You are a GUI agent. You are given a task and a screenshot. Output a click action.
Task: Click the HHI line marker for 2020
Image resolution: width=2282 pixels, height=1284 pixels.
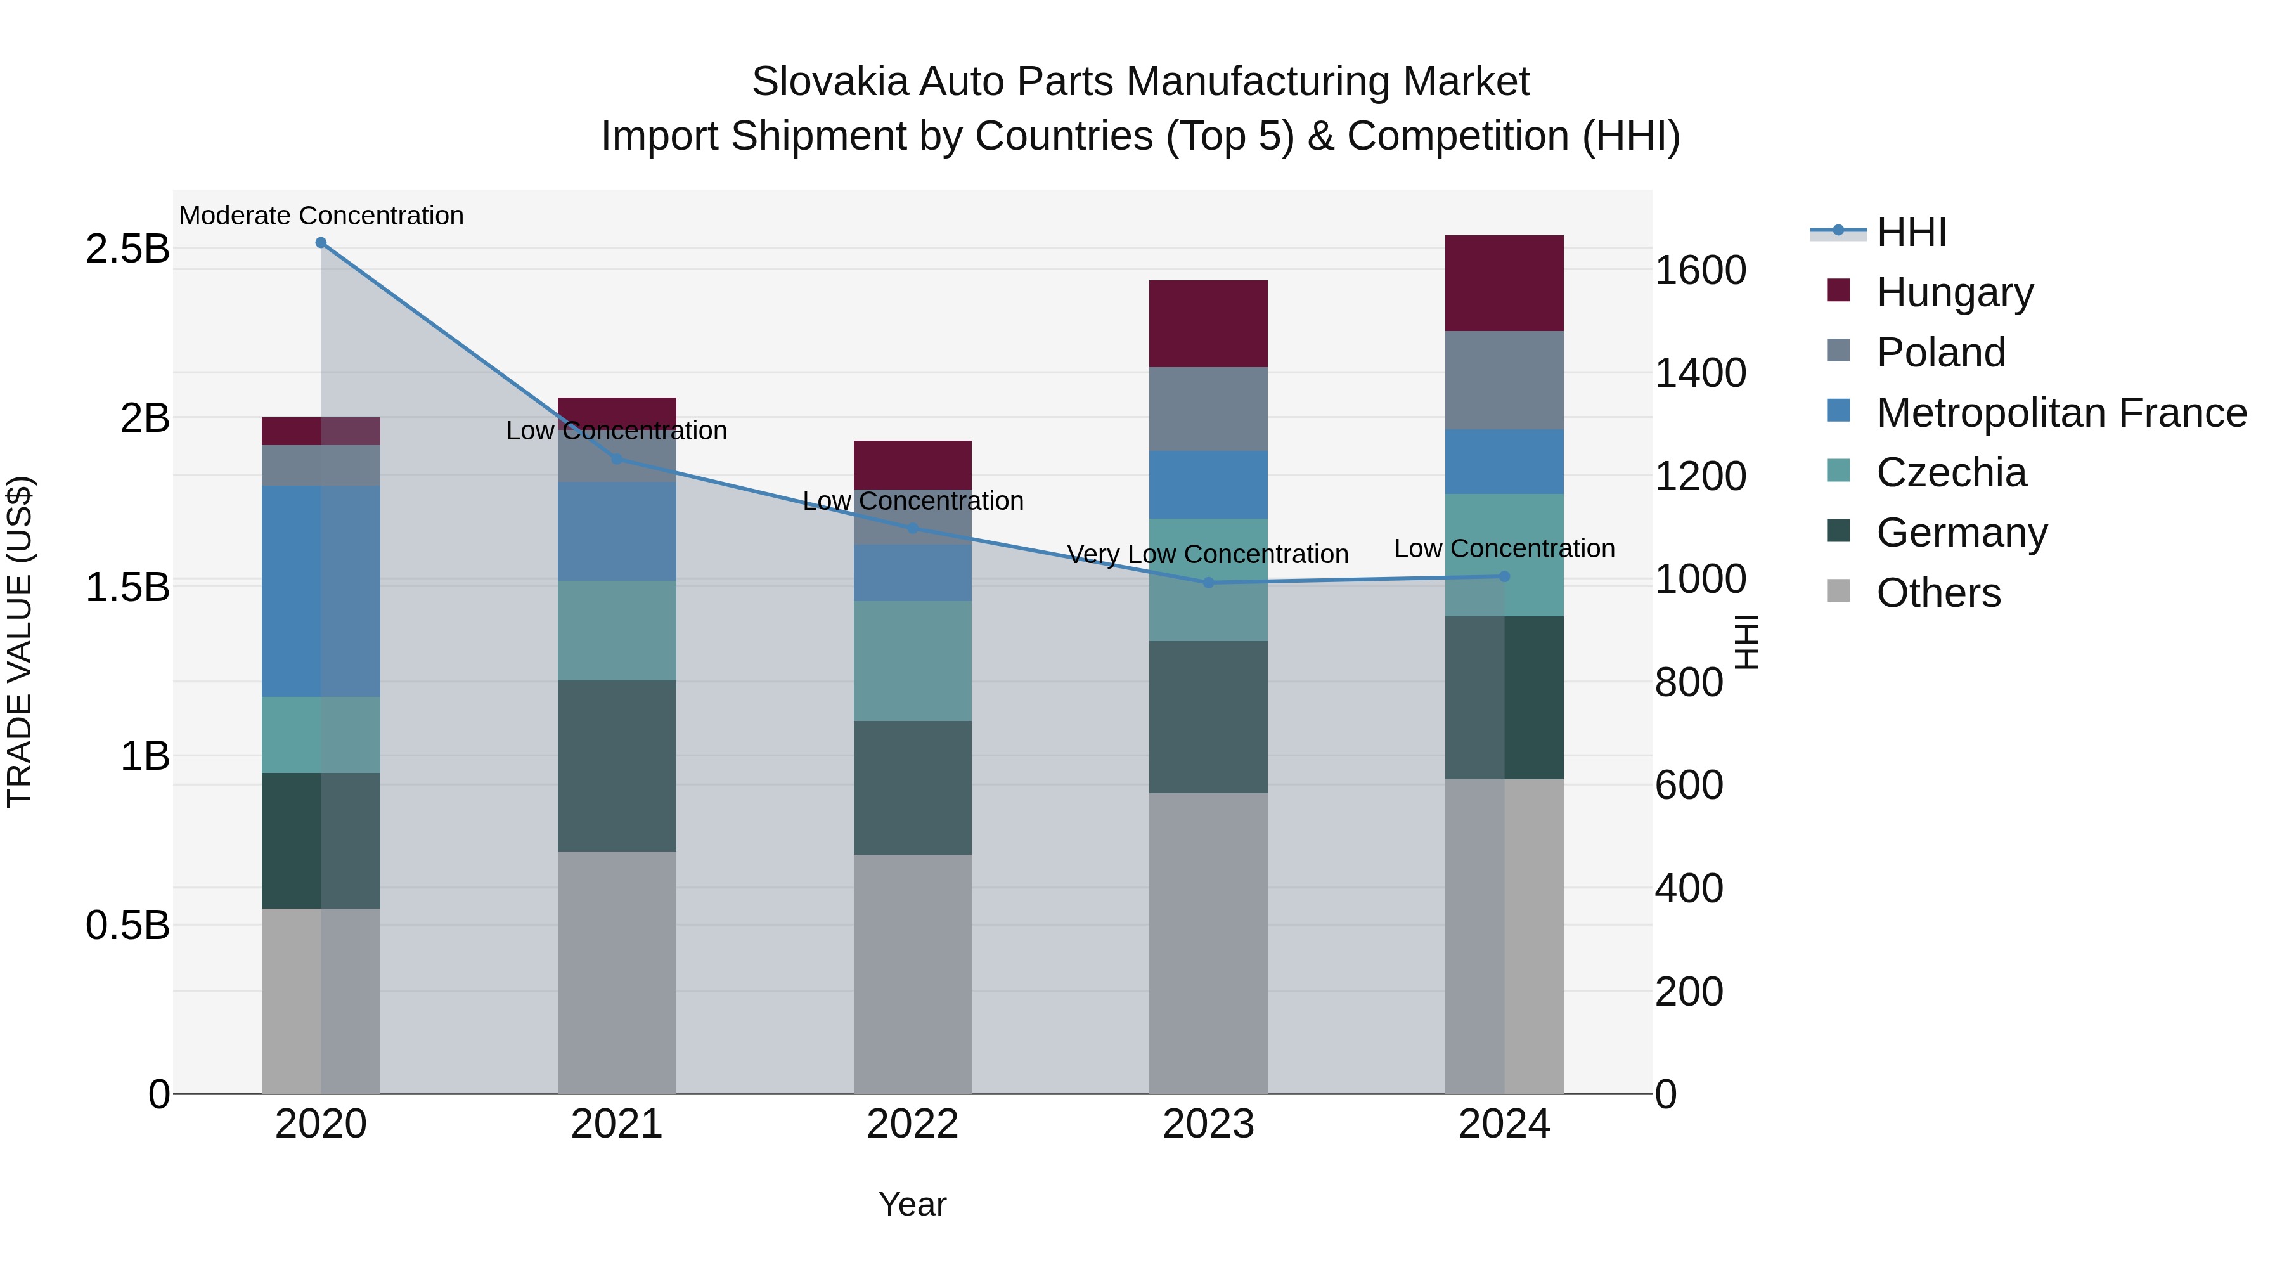tap(321, 243)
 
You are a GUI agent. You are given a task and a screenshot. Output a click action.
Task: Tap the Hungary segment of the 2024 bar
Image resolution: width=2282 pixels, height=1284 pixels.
tap(1504, 283)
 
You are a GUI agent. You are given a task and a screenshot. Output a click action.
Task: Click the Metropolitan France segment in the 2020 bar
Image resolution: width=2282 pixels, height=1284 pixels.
tap(321, 590)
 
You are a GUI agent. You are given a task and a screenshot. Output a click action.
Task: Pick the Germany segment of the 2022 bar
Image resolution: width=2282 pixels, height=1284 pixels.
tap(912, 787)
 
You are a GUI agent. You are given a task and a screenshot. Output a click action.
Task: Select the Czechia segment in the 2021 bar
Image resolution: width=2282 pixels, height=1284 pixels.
tap(617, 630)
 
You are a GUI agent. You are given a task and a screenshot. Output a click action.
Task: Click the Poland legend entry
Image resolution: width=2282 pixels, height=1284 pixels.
tap(1940, 352)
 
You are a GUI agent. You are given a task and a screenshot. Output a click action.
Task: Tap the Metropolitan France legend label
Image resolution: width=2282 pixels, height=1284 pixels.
tap(2061, 412)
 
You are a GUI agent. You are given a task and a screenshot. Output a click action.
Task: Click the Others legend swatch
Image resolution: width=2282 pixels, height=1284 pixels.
tap(1838, 591)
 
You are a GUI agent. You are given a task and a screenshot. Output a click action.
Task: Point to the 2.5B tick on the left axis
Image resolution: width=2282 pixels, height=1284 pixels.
tap(127, 249)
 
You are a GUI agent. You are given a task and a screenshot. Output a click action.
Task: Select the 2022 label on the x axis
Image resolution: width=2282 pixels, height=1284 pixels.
tap(912, 1124)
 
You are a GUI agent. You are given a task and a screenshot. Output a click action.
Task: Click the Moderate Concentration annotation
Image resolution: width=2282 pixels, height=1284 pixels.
tap(321, 216)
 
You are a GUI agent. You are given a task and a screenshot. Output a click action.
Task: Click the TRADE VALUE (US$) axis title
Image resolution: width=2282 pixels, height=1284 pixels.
tap(20, 642)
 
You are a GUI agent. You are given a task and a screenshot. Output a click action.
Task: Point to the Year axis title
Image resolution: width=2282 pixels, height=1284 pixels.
tap(912, 1204)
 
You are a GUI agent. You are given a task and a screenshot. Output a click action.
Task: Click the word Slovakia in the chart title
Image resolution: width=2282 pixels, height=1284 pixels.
tap(829, 82)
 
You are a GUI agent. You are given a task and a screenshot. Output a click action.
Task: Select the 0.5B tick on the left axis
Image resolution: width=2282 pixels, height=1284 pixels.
tap(127, 925)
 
